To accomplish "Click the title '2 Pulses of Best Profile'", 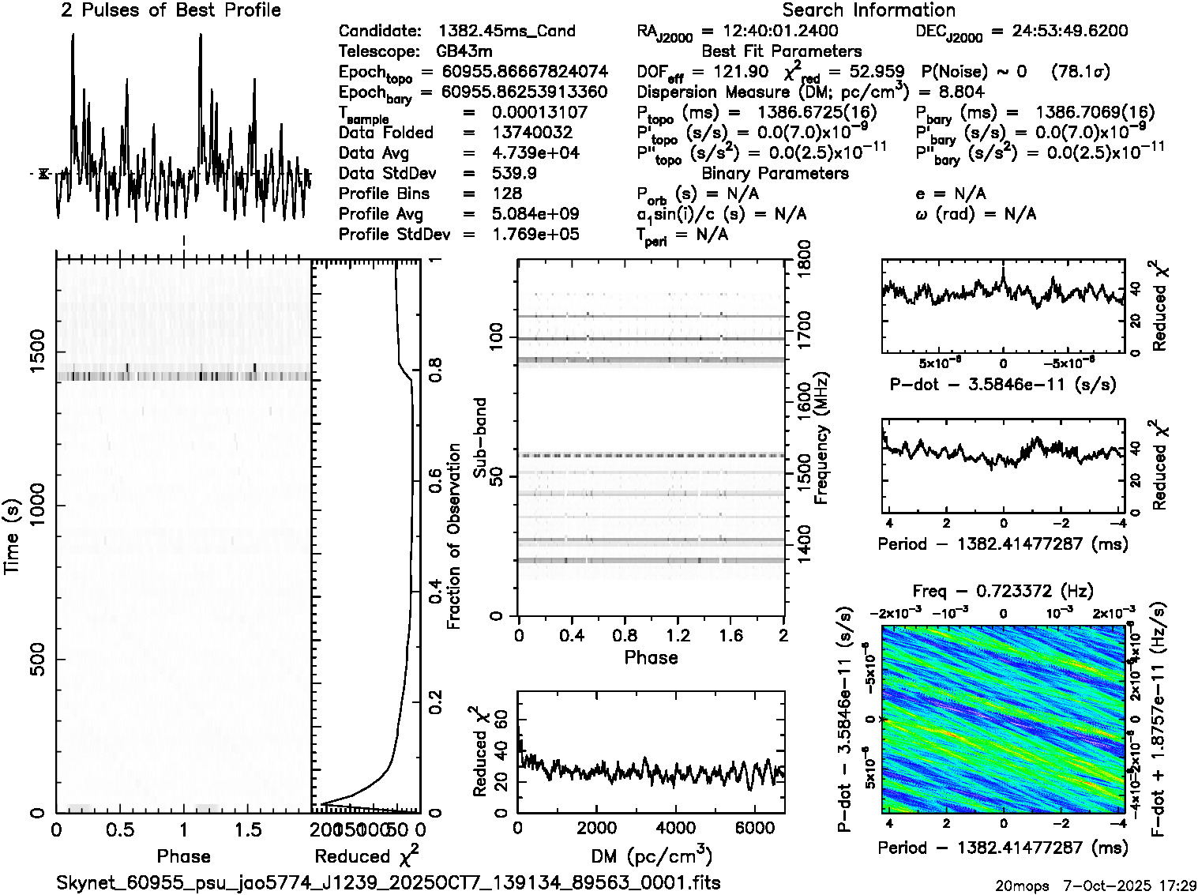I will (x=171, y=10).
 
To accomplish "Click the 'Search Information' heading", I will (x=868, y=10).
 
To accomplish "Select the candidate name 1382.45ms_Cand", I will (x=506, y=32).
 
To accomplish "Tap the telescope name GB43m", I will (x=464, y=52).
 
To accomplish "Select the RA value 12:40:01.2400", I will (x=770, y=32).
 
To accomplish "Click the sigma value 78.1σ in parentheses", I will (x=1080, y=72).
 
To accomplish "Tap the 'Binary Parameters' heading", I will (x=775, y=173).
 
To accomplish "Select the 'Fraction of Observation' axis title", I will (x=454, y=536).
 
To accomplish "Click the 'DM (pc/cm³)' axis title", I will (x=651, y=857).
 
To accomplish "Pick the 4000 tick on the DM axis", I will (x=676, y=829).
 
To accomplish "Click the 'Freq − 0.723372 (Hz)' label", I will (x=1003, y=591).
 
